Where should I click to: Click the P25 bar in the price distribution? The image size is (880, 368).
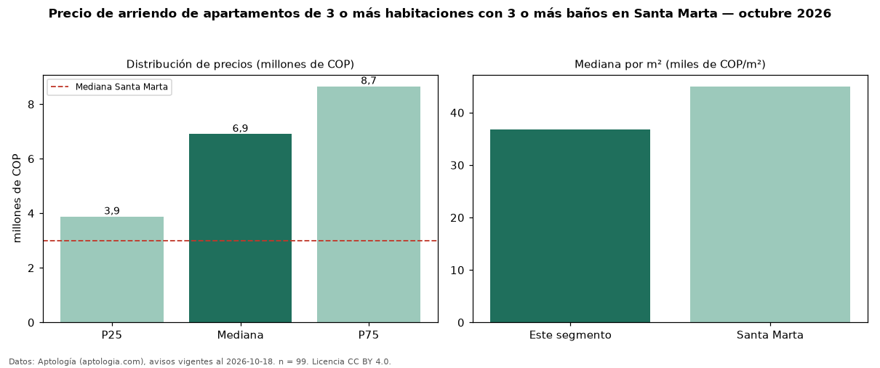click(x=112, y=269)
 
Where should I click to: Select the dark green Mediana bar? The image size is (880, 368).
click(x=240, y=228)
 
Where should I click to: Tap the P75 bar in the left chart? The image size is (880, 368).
click(x=369, y=204)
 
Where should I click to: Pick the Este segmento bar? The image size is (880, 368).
click(x=570, y=226)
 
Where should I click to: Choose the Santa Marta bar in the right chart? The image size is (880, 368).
click(x=770, y=204)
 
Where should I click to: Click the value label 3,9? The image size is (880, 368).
click(x=112, y=211)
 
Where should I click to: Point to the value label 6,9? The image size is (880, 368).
click(x=240, y=129)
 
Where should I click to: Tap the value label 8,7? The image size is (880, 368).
click(x=369, y=81)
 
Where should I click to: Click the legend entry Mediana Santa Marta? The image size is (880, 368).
click(x=109, y=87)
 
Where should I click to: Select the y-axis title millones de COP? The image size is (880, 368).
click(x=17, y=199)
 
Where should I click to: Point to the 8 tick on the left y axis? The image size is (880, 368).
click(x=31, y=105)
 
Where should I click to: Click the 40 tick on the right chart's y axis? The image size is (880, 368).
click(x=457, y=113)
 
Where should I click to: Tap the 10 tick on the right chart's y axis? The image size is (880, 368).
click(x=457, y=271)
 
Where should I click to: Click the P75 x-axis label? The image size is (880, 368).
click(x=369, y=335)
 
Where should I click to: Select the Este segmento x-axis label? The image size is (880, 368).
click(x=570, y=335)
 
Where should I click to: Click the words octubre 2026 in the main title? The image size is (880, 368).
click(x=785, y=14)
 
